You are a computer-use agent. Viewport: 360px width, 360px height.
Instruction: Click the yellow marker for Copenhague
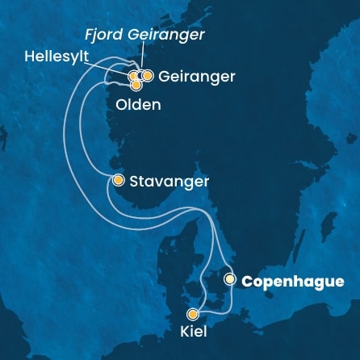[x=230, y=280]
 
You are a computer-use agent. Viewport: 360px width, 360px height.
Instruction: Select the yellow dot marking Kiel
[x=193, y=315]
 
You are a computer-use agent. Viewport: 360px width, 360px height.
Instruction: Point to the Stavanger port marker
[x=118, y=180]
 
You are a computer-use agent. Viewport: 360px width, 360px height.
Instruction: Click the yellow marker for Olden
[x=136, y=85]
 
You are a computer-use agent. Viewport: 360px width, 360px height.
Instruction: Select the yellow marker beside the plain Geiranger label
[x=148, y=76]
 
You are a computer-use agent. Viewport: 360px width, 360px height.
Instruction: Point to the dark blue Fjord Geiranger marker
[x=140, y=76]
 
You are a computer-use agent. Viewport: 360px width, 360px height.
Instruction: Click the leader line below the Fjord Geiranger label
[x=142, y=57]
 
